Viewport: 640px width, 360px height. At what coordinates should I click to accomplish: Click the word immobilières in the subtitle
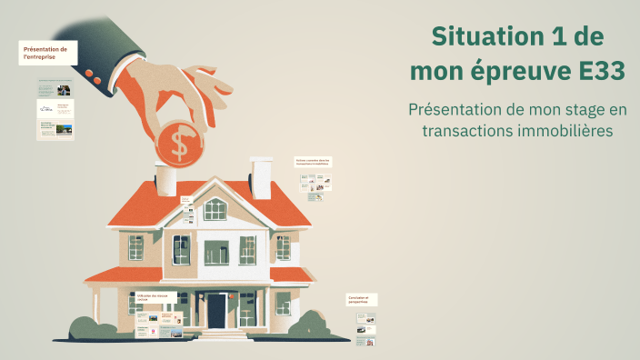[x=562, y=132]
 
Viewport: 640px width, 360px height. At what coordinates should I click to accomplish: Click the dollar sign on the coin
[x=180, y=142]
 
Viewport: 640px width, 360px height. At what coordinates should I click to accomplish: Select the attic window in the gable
[x=215, y=209]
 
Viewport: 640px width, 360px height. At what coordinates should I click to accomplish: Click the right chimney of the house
[x=262, y=177]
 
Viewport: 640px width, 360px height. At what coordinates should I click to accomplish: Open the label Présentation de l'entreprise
[x=47, y=53]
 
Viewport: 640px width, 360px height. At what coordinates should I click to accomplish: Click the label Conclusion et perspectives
[x=362, y=299]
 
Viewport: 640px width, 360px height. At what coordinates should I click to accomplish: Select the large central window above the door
[x=215, y=252]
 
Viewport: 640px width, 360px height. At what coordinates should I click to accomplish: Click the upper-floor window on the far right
[x=284, y=247]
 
